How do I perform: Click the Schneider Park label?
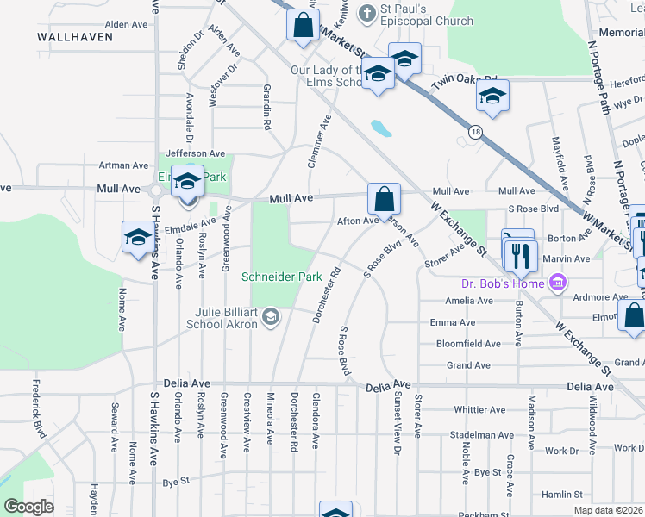[281, 277]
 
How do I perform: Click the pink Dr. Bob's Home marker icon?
[557, 283]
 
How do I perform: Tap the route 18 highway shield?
[475, 132]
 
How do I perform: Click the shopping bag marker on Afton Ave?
[384, 198]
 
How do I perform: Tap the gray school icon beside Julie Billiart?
[271, 318]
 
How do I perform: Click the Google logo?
[28, 507]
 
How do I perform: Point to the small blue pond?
[380, 129]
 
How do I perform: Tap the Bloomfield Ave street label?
[468, 344]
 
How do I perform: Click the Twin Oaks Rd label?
[467, 81]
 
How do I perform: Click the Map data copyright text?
[608, 510]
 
